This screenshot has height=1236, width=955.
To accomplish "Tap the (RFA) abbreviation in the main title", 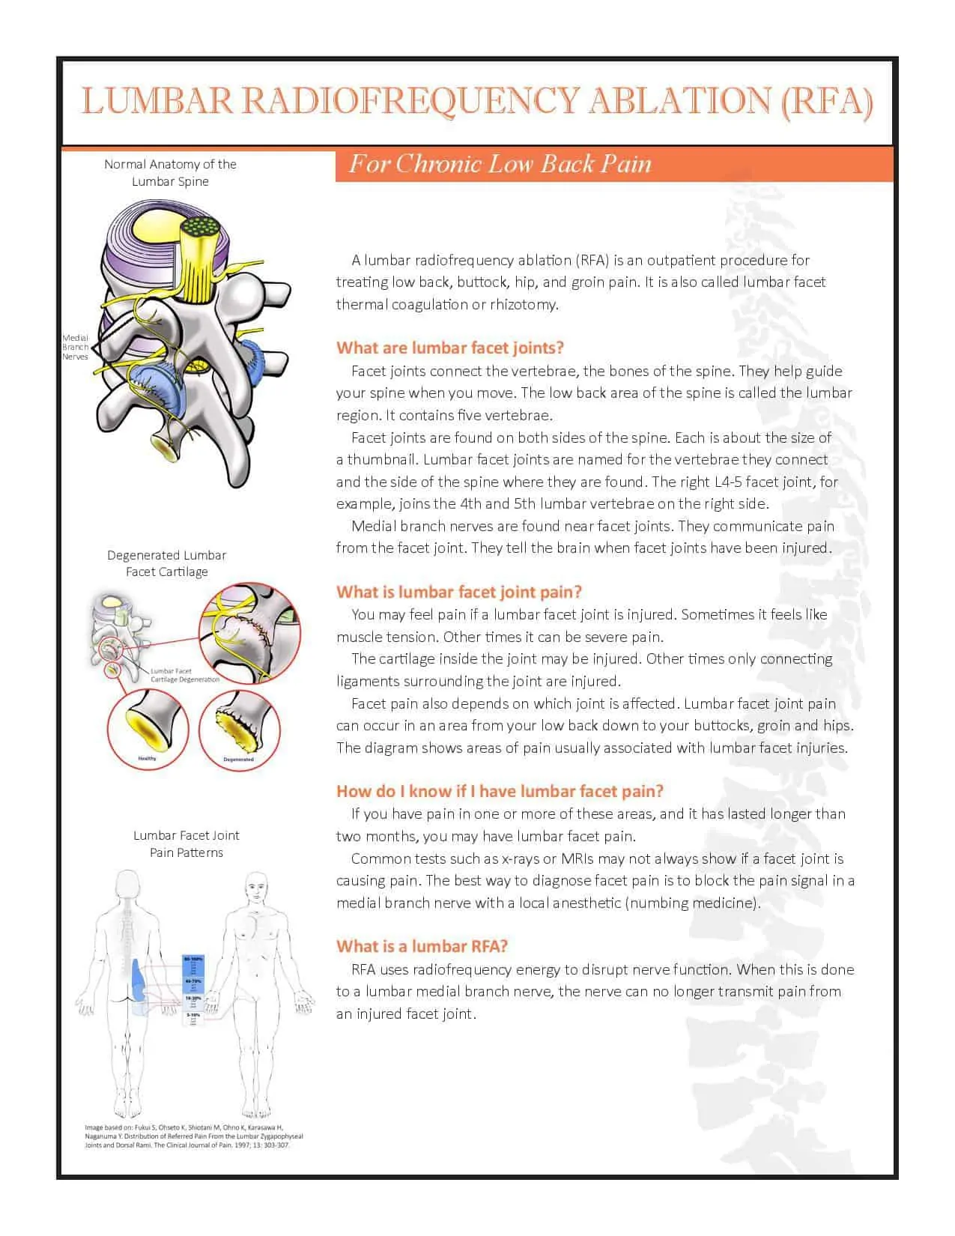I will pyautogui.click(x=826, y=101).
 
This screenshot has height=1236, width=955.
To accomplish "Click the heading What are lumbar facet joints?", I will pyautogui.click(x=449, y=348).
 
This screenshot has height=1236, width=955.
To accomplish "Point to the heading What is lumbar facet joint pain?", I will pyautogui.click(x=458, y=592).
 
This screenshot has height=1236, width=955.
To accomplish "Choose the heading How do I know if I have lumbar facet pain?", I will pyautogui.click(x=500, y=791).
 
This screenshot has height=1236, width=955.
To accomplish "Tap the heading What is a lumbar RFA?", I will pyautogui.click(x=422, y=946).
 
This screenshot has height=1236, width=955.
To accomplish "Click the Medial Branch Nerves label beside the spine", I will pyautogui.click(x=75, y=348).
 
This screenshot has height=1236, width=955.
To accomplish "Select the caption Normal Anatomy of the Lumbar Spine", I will pyautogui.click(x=170, y=172).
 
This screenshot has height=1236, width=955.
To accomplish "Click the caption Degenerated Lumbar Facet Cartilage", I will pyautogui.click(x=166, y=563).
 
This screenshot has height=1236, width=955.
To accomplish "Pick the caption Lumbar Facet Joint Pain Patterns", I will pyautogui.click(x=187, y=843).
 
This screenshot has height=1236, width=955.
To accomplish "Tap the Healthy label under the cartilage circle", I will pyautogui.click(x=148, y=759).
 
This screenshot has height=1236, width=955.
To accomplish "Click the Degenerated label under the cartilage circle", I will pyautogui.click(x=238, y=760).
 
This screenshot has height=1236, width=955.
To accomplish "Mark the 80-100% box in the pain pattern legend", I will pyautogui.click(x=193, y=960).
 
